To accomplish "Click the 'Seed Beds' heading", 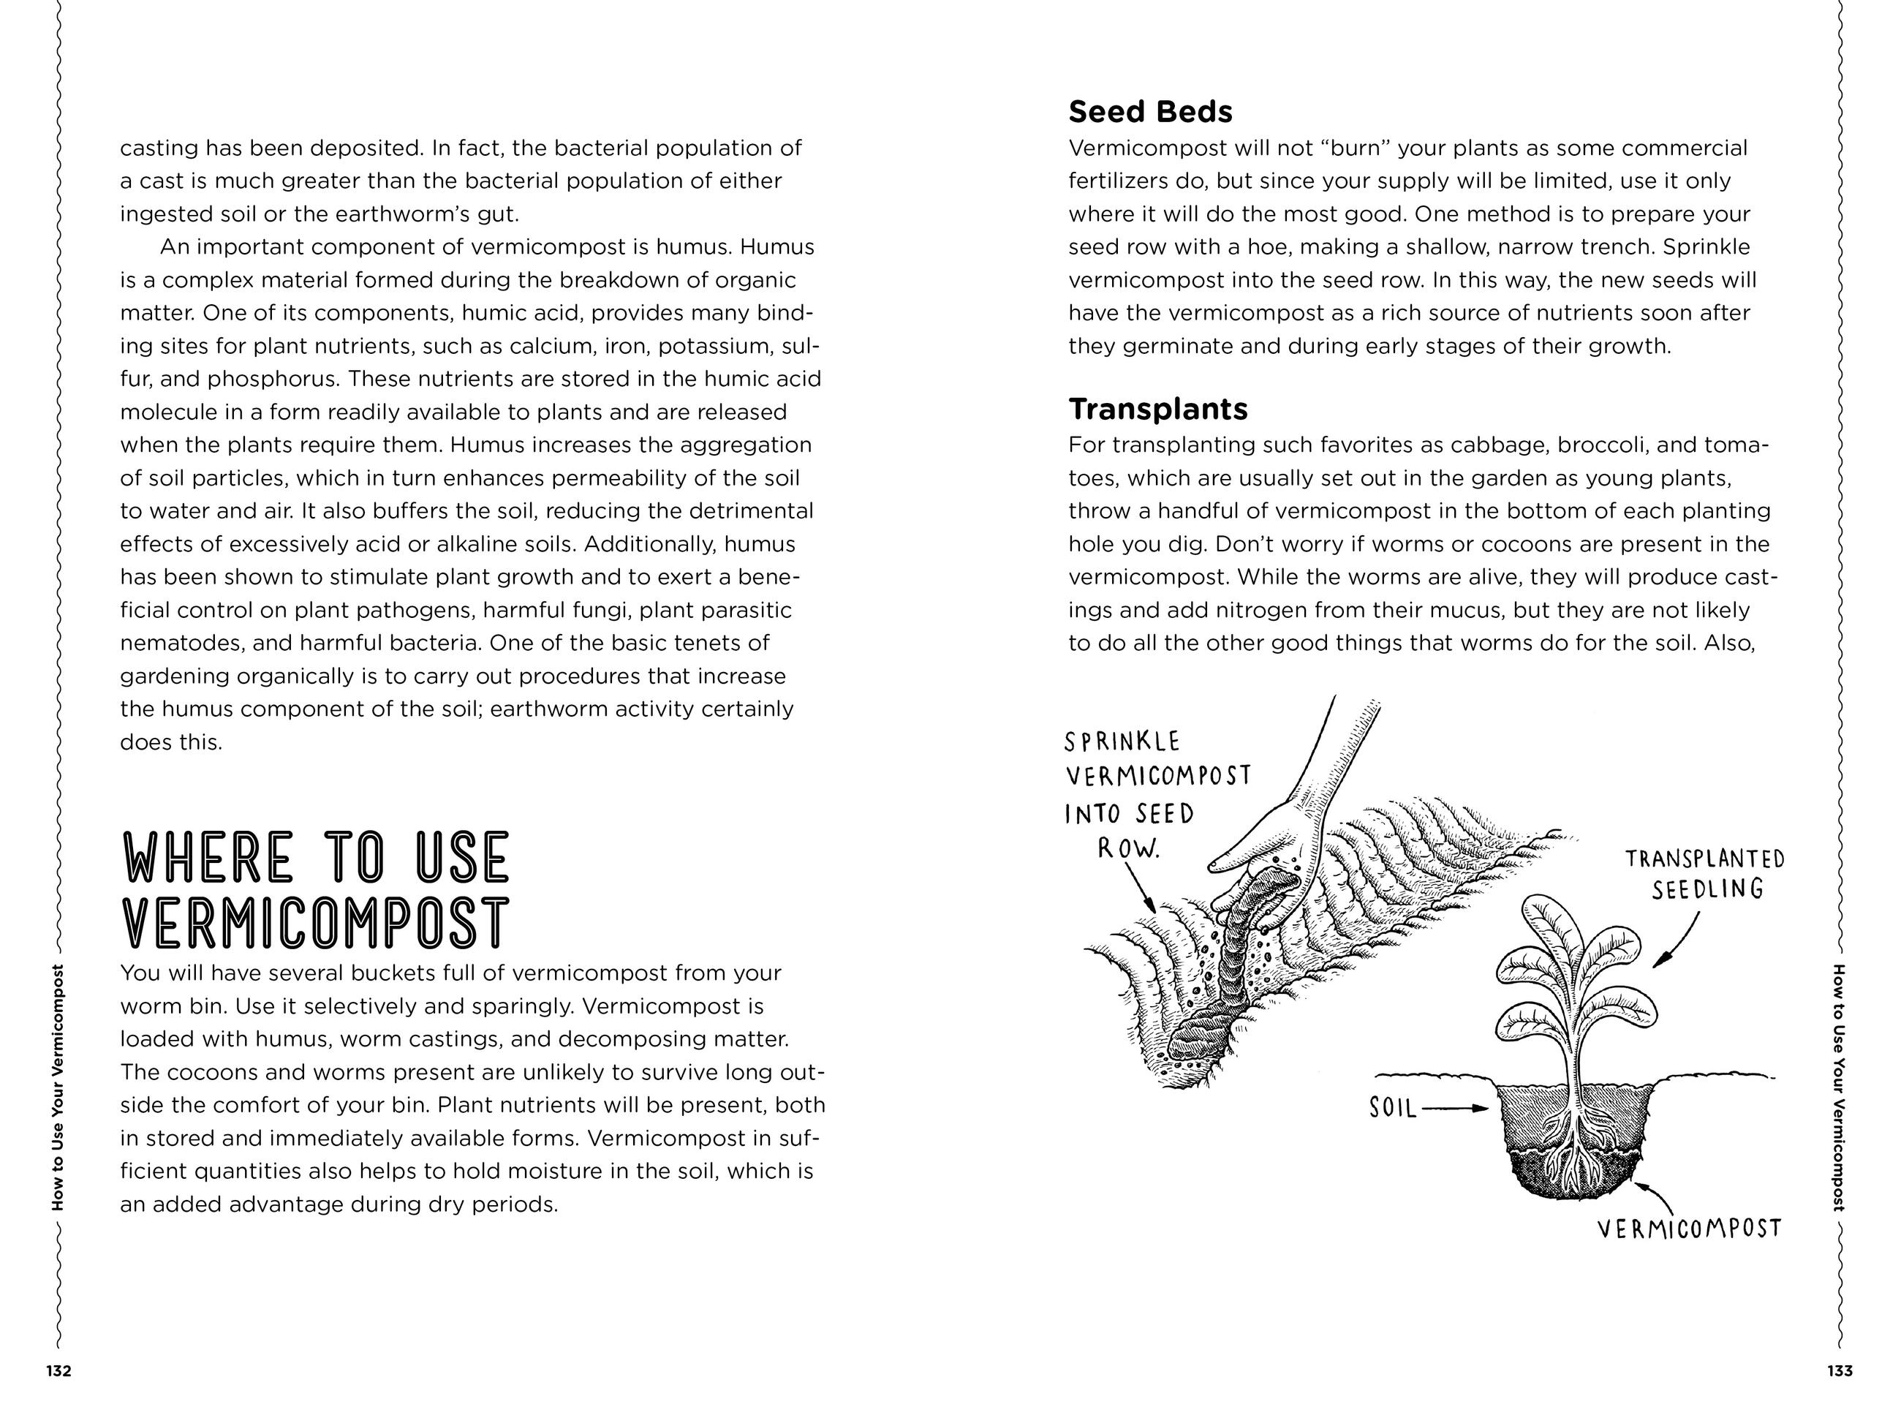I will pos(1150,112).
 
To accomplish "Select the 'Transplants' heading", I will pos(1157,409).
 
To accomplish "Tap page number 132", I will pos(58,1371).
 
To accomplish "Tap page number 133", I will pos(1840,1371).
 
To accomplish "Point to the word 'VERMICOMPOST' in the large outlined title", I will pos(317,923).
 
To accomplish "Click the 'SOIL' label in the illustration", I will pos(1393,1108).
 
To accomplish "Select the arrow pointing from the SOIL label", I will pos(1456,1108).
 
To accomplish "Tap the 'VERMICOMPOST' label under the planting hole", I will pos(1689,1229).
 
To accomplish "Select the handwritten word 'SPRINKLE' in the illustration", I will pos(1122,742).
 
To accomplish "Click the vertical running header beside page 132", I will pos(58,1087).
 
